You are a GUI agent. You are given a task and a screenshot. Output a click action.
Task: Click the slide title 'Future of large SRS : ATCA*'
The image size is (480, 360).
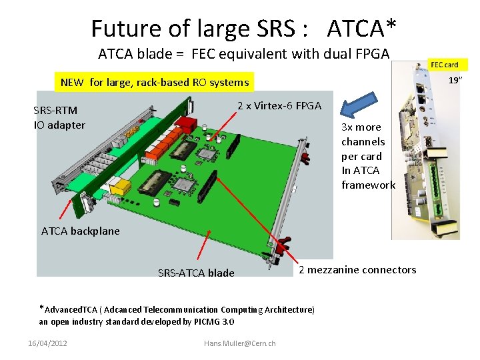(243, 29)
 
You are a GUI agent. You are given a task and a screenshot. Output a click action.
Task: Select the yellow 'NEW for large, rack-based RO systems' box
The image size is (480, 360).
(154, 83)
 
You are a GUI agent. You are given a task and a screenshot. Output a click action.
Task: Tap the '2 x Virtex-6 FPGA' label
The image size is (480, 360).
(279, 106)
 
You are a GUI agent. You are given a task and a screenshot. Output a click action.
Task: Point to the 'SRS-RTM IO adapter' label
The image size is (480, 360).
(59, 117)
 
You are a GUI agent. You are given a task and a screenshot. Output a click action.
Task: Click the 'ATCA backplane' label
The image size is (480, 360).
(81, 231)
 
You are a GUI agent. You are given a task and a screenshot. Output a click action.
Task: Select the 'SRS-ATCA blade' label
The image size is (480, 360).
(196, 273)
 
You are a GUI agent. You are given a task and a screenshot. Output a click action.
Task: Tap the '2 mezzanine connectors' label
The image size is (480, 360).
(357, 270)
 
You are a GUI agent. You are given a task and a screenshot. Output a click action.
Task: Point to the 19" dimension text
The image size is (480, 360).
(455, 81)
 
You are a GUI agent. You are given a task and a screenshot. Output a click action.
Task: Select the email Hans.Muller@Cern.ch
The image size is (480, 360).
(239, 343)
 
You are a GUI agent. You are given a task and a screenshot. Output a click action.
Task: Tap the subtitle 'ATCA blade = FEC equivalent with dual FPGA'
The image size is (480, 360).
(243, 54)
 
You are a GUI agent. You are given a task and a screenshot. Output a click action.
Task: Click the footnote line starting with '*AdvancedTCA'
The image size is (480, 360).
(177, 309)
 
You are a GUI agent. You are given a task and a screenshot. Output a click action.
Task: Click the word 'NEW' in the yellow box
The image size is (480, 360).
(72, 83)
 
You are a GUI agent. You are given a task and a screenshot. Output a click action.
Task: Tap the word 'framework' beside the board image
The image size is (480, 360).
(368, 185)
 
